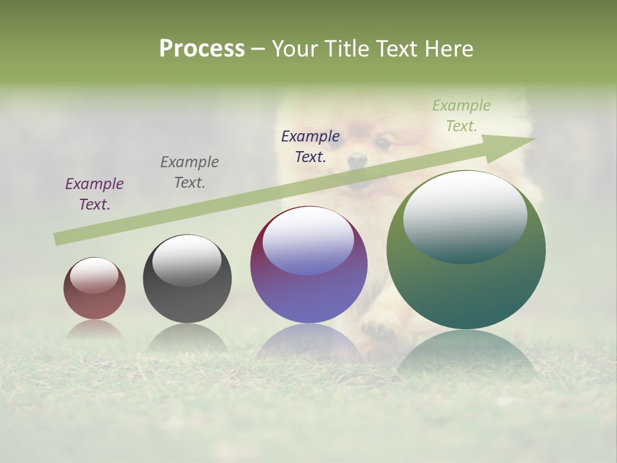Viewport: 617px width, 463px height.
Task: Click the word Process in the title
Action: click(x=202, y=49)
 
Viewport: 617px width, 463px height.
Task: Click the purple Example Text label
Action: click(x=94, y=194)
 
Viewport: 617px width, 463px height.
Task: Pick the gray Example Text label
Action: click(x=190, y=172)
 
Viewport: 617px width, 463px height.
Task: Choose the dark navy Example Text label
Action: click(x=310, y=147)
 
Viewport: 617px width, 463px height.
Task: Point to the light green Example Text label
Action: click(x=461, y=116)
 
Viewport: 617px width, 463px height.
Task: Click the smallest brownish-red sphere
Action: click(x=94, y=302)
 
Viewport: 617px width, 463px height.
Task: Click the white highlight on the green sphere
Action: click(x=465, y=215)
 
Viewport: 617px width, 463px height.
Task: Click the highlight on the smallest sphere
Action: click(x=94, y=276)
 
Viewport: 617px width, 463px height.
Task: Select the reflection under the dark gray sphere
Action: click(x=187, y=338)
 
